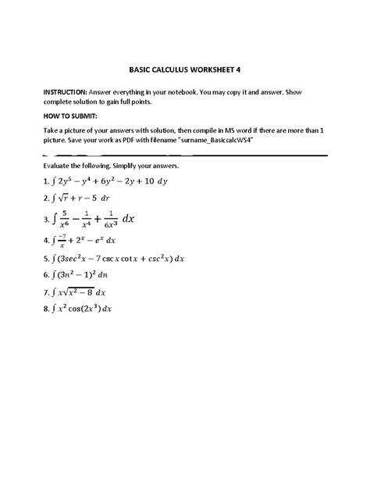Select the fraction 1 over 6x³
tap(112, 218)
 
